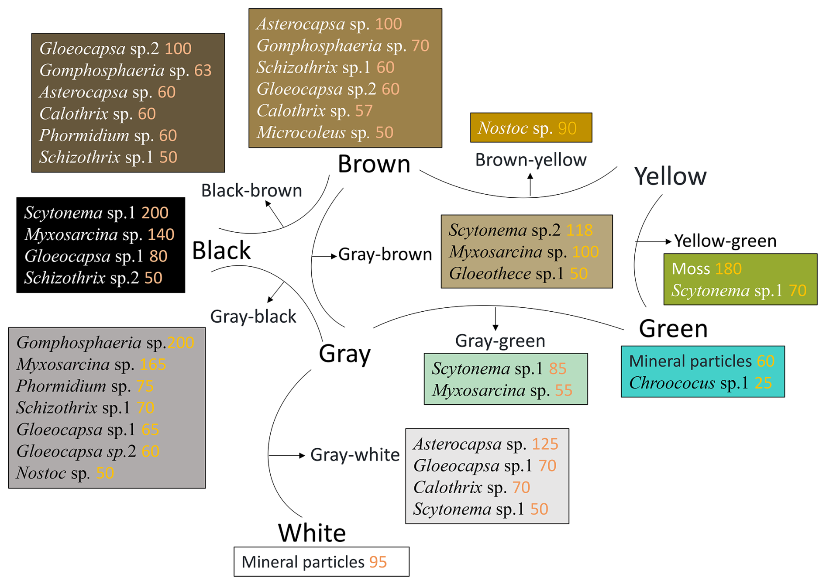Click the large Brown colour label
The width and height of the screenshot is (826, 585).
(374, 165)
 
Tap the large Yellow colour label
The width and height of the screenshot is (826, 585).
(670, 177)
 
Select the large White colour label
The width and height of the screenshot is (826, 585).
(312, 533)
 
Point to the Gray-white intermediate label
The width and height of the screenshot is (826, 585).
(354, 455)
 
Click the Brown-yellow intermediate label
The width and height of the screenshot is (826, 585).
(530, 160)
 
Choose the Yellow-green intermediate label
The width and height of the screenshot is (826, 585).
(725, 241)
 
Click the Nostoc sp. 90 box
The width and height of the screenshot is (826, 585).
(531, 128)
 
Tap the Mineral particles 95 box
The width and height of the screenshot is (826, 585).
(321, 562)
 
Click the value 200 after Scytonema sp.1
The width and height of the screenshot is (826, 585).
(155, 213)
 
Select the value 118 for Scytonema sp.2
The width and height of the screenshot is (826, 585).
(579, 230)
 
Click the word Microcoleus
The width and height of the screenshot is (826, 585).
(301, 133)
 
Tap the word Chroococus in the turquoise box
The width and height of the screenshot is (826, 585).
(672, 383)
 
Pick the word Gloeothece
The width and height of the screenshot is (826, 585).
(490, 274)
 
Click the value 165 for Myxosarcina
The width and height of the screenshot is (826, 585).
(153, 365)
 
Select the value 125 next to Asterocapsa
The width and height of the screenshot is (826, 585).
(545, 444)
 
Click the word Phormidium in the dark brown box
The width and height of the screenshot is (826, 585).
(84, 136)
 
